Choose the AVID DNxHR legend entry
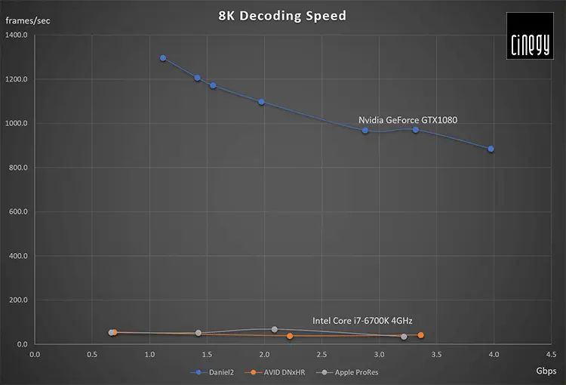pyautogui.click(x=275, y=372)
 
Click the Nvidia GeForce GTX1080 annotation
pyautogui.click(x=408, y=119)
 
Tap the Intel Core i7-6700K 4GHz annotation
pyautogui.click(x=362, y=320)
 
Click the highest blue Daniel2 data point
pyautogui.click(x=163, y=58)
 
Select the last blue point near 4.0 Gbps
pyautogui.click(x=491, y=149)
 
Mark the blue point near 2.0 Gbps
pyautogui.click(x=262, y=102)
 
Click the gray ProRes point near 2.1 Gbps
pyautogui.click(x=274, y=329)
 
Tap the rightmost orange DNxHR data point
pyautogui.click(x=420, y=335)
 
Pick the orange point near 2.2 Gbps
pyautogui.click(x=290, y=336)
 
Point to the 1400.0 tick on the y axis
pyautogui.click(x=17, y=35)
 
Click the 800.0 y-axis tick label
pyautogui.click(x=17, y=168)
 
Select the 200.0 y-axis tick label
pyautogui.click(x=17, y=300)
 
